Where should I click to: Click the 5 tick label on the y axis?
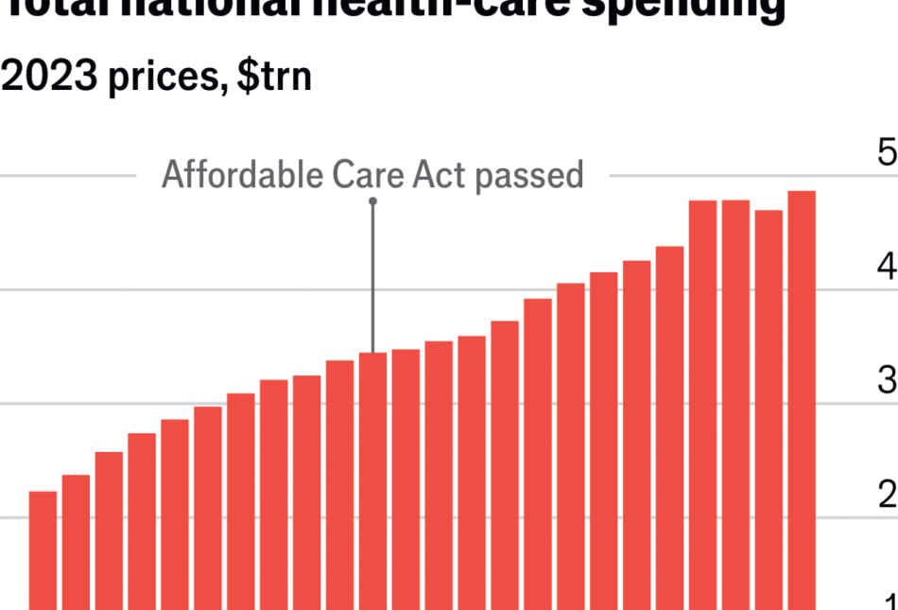(x=887, y=153)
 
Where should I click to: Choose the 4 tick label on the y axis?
(x=887, y=268)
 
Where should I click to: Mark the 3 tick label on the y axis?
(x=887, y=381)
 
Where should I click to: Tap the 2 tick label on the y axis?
(x=887, y=495)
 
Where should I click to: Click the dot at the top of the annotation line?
(x=372, y=200)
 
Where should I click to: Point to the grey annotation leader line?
(x=372, y=274)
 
